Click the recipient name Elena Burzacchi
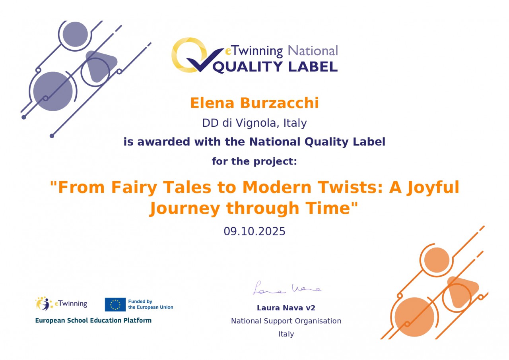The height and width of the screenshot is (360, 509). (254, 103)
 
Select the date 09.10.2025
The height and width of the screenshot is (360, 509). (254, 231)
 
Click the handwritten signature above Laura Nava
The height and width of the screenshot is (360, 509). (287, 288)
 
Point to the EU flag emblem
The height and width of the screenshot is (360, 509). (115, 304)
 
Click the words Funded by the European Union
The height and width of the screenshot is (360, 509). (151, 304)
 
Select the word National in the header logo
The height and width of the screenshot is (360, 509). (313, 50)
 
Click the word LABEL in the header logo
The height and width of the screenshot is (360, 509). (313, 67)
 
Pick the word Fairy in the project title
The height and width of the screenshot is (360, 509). (134, 188)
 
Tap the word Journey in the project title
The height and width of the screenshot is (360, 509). (185, 208)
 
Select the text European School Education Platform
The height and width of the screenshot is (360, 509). (93, 320)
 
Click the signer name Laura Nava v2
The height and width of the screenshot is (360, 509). (286, 308)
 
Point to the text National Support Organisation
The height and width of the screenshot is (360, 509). (286, 321)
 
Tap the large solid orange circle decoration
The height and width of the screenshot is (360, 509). (414, 317)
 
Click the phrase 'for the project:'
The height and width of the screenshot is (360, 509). (254, 162)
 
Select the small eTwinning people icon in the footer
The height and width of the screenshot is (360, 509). (44, 304)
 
